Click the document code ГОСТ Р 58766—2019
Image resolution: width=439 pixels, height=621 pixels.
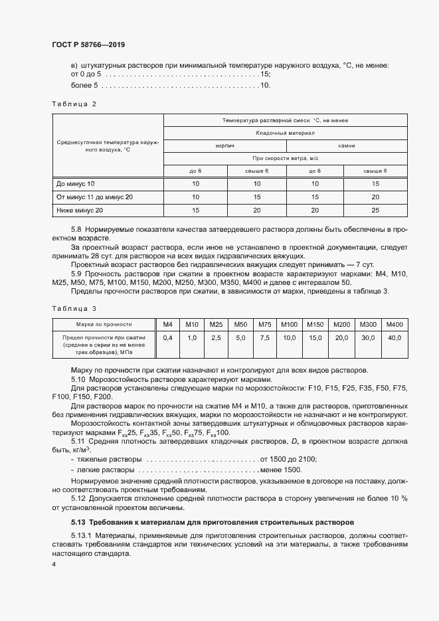point(88,44)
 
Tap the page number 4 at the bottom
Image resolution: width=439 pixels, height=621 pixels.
point(53,563)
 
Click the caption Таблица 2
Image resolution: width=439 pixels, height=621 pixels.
point(74,104)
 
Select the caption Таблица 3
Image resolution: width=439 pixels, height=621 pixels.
point(74,308)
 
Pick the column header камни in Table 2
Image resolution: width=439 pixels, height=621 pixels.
point(346,145)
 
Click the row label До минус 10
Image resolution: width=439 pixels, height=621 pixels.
point(76,183)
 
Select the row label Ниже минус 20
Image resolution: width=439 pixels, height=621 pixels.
point(80,211)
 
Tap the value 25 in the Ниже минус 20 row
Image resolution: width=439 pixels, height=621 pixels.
point(375,211)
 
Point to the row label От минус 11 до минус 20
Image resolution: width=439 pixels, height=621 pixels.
point(95,197)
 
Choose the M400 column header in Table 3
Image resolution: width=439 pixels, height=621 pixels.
point(395,324)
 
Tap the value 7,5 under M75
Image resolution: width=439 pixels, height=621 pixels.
point(264,338)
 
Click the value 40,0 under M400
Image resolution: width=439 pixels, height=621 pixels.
point(395,338)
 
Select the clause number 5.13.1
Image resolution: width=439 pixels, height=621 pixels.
point(81,535)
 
